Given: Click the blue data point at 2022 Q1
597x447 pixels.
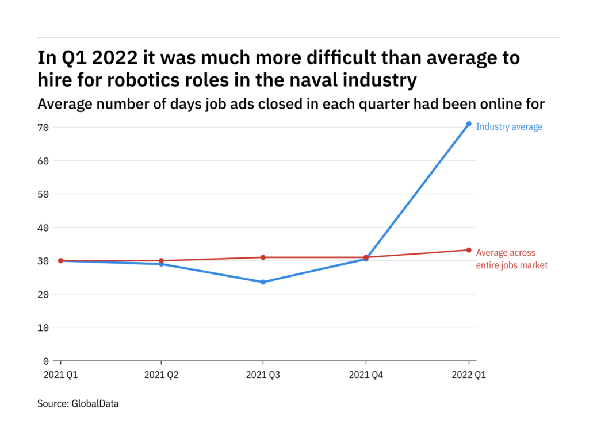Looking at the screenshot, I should point(469,124).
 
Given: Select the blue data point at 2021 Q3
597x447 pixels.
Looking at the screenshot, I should point(263,282).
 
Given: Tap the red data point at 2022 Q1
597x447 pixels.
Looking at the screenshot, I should point(469,250).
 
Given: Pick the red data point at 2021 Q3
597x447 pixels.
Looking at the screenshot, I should point(263,257).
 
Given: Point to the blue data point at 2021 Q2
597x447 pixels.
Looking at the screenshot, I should point(161,264).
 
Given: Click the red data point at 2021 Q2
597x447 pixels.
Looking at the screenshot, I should point(161,261).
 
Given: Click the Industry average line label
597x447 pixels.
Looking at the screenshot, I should point(509,127).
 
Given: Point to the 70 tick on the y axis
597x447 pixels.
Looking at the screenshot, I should point(43,127).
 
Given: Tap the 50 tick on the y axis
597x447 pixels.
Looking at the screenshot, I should point(43,194).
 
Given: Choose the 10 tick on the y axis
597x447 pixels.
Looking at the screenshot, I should point(43,327).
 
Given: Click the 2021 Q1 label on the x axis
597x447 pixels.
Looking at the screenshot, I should point(60,375).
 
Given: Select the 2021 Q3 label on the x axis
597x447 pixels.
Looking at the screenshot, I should point(263,375).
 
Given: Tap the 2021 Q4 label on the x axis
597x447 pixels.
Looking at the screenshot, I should point(366,375).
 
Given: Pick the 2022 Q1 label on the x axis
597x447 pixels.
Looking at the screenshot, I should point(469,375).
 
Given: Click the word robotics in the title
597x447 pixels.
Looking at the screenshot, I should point(141,80).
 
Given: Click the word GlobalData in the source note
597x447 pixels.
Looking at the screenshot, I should point(95,404).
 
